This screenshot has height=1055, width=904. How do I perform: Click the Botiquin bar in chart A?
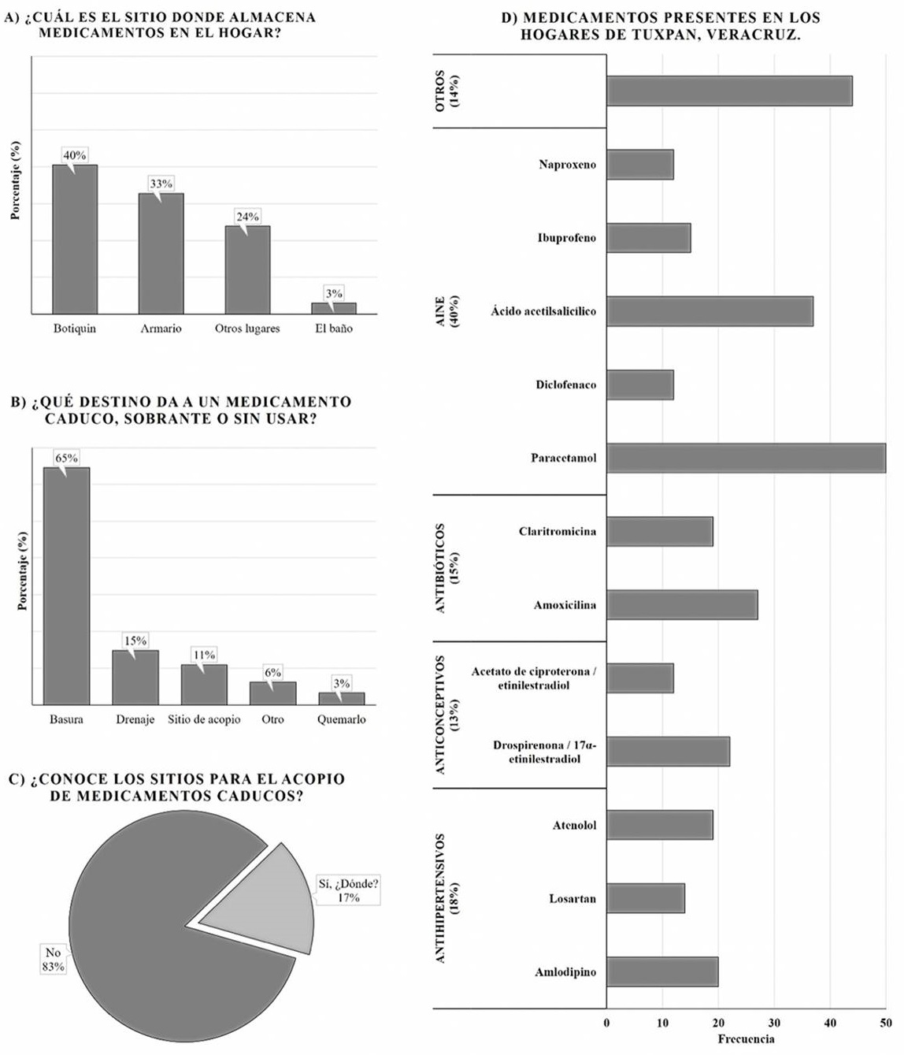pos(75,240)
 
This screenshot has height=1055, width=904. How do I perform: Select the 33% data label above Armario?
pos(161,184)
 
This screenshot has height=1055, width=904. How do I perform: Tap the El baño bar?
pos(334,308)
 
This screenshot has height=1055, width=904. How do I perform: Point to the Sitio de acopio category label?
pos(204,719)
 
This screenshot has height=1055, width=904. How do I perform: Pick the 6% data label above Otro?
pos(272,672)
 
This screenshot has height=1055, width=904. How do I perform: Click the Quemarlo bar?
pos(341,698)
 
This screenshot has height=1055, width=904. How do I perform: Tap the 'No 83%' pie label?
pos(53,960)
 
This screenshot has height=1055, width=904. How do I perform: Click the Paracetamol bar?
pos(746,458)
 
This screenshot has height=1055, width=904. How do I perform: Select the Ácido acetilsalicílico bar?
pos(709,311)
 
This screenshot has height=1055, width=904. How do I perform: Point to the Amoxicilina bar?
pos(682,605)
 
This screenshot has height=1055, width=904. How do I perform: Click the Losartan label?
pos(572,898)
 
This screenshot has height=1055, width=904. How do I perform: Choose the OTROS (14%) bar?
pos(729,91)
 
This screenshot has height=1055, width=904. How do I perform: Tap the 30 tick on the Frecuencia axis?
pos(774,1023)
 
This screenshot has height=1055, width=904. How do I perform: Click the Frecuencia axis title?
pos(746,1039)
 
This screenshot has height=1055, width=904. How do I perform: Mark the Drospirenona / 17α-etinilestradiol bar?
pos(668,752)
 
